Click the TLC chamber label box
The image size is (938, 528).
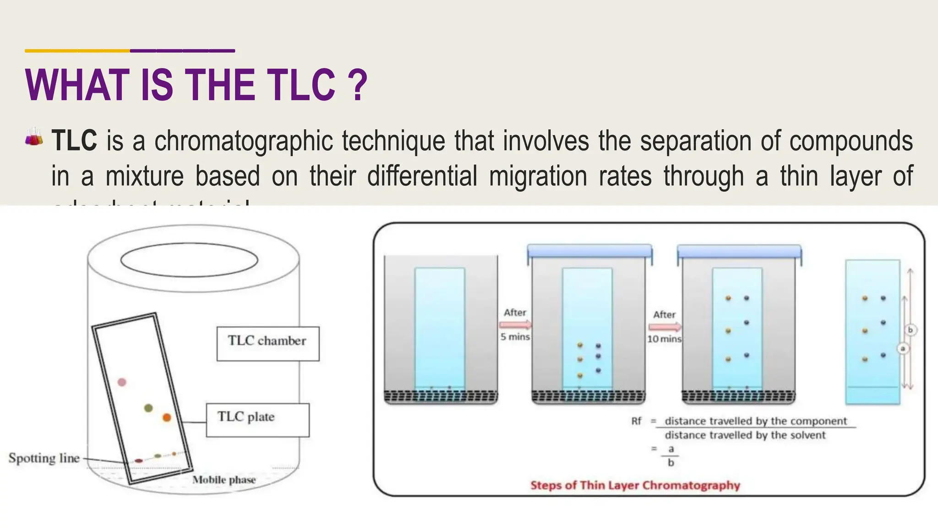[x=268, y=344]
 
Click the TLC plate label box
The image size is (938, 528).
[x=257, y=420]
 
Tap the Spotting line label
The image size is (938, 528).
[x=44, y=458]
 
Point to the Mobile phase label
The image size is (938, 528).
[x=224, y=480]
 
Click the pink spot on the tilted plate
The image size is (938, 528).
[x=122, y=382]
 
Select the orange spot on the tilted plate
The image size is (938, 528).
[x=167, y=417]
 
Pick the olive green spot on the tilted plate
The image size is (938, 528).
[x=148, y=407]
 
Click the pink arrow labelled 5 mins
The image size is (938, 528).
[x=515, y=325]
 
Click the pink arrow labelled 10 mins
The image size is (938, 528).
[x=665, y=327]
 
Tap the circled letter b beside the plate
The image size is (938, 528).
[x=911, y=330]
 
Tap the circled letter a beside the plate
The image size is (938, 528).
[x=903, y=349]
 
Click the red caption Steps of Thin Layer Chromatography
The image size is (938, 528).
[x=635, y=485]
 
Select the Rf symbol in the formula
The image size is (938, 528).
[x=636, y=421]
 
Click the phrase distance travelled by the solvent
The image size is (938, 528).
[x=745, y=435]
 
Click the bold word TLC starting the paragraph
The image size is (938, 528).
[x=74, y=140]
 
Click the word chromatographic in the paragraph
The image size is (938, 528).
[x=243, y=140]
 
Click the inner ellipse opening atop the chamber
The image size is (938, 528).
[x=189, y=260]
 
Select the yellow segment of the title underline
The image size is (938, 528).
[x=77, y=50]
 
